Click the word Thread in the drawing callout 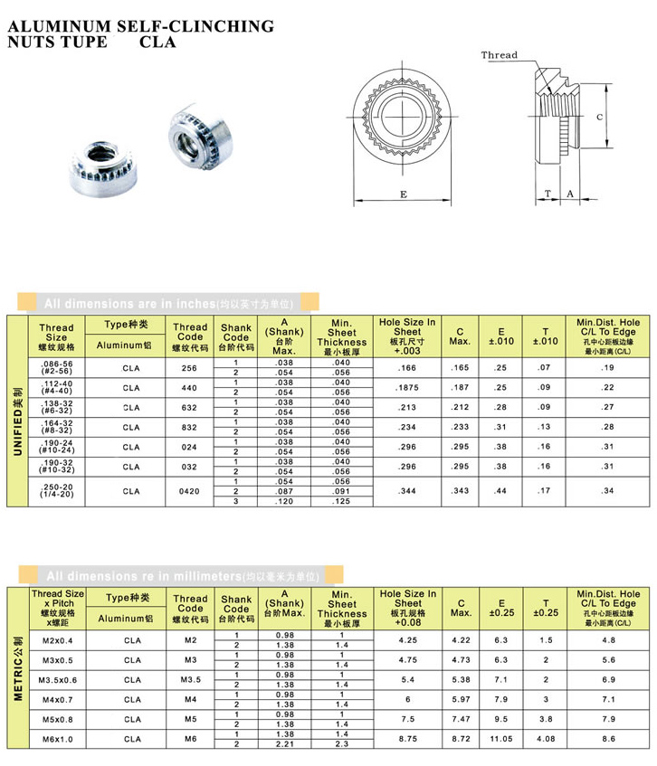(x=499, y=55)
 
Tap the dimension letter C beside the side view (x=599, y=117)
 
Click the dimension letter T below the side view (x=548, y=194)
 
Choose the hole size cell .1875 (x=407, y=387)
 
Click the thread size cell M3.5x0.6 (x=58, y=680)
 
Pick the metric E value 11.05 (x=500, y=739)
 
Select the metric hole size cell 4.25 (x=407, y=640)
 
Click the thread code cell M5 (x=190, y=719)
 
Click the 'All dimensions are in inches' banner (x=168, y=303)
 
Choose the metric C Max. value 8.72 (x=461, y=739)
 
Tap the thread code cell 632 (x=190, y=407)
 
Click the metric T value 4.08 (x=546, y=739)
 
